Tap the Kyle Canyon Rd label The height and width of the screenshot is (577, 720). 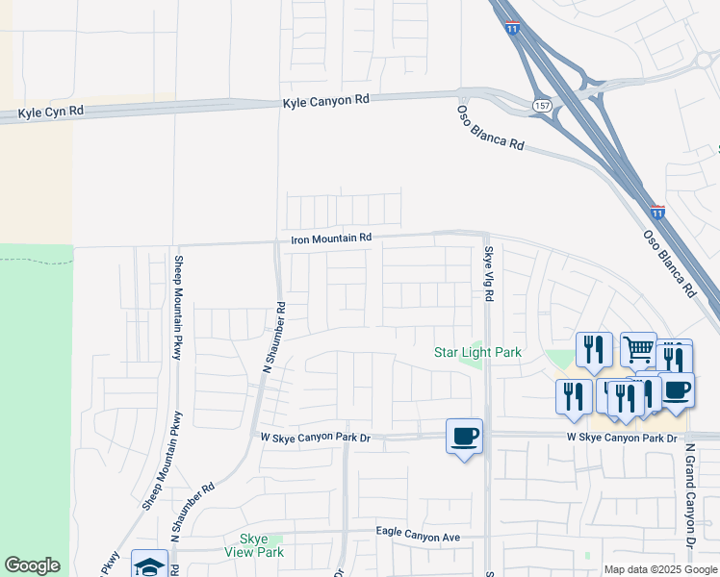pos(326,100)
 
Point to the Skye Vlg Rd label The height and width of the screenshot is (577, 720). pos(488,274)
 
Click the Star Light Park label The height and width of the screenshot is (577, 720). pos(477,353)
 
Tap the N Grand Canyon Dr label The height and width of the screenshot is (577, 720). pos(690,495)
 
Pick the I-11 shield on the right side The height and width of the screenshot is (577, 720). pos(657,210)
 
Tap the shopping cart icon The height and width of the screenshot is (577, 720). pos(638,351)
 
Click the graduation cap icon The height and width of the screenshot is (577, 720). pos(149,565)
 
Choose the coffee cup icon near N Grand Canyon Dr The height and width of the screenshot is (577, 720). pos(676,389)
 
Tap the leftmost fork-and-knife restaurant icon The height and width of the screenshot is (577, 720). pos(574,395)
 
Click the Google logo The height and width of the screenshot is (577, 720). pos(32,565)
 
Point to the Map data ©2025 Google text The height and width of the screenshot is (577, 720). pos(660,569)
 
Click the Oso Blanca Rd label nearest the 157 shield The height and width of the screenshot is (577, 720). pos(490,127)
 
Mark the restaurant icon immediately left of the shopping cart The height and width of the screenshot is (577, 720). pos(595,349)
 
